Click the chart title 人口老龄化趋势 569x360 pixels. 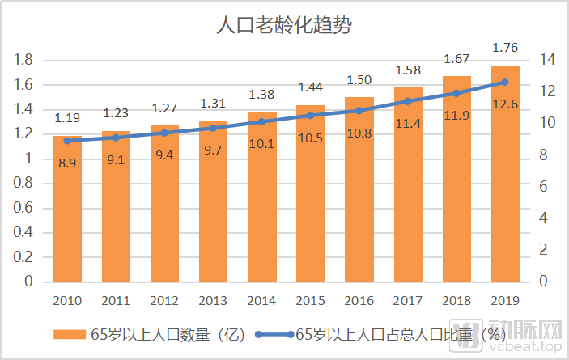283,25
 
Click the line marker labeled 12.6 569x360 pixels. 505,82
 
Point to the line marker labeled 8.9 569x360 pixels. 68,141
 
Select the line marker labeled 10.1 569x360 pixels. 262,121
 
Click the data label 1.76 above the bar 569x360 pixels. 505,47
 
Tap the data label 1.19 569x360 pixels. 68,118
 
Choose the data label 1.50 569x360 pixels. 359,79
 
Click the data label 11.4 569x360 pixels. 408,123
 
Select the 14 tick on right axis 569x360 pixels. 547,60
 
